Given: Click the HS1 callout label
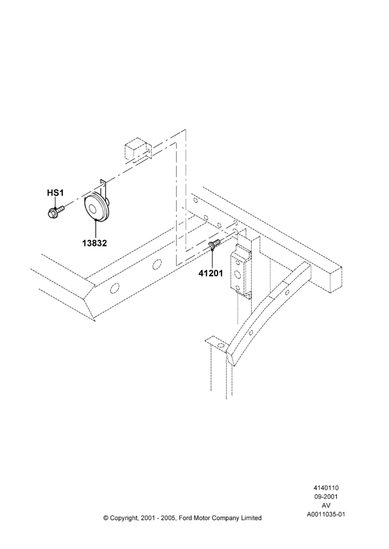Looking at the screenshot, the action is pos(55,193).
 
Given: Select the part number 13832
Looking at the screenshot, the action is pos(95,243).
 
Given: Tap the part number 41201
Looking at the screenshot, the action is pos(210,273).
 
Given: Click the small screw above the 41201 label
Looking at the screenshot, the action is pos(214,244).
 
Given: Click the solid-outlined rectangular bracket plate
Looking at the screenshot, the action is pos(241,271).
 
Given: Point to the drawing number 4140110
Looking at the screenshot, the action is pos(326,488).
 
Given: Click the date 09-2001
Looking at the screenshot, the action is pos(326,496).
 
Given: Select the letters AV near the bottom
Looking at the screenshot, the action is pos(326,505).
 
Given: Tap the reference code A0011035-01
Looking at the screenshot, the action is pos(326,514).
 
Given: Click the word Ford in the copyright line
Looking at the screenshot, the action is pos(185,518).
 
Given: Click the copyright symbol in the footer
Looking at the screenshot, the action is pos(106,518).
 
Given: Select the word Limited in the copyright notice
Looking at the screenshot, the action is pos(251,518).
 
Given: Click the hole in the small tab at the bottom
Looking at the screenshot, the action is pos(220,346).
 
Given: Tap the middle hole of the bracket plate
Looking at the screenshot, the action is pos(237,274).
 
